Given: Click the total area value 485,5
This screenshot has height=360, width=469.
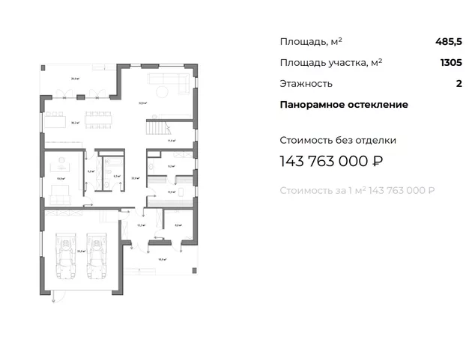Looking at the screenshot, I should point(447,42).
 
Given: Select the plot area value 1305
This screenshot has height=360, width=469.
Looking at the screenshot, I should point(450,63).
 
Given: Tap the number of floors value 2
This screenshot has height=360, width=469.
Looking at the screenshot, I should point(459,84).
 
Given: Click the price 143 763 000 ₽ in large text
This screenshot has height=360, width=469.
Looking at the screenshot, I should point(331,161).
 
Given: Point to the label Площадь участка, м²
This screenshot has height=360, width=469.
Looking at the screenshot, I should point(330,63).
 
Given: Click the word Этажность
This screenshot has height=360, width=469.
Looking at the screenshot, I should point(306,84).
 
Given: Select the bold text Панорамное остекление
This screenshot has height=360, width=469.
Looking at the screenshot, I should point(344,105).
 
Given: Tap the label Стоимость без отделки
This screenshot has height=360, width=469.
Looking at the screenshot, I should point(338,139).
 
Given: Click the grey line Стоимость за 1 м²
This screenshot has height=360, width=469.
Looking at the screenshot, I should point(357,191).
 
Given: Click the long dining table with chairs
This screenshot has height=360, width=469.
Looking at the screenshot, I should point(99,117).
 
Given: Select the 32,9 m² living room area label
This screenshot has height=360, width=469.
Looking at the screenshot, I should point(142,102).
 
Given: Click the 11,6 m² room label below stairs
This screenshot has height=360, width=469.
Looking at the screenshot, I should point(171,140).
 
